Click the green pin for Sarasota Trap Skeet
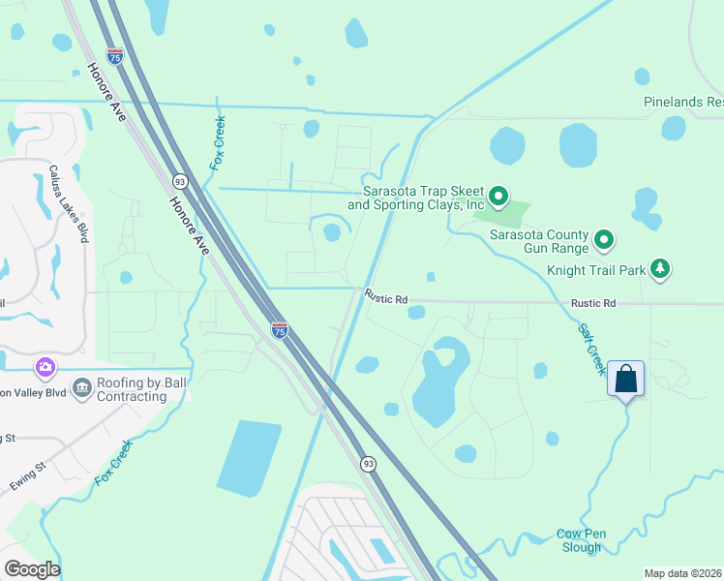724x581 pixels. point(498,198)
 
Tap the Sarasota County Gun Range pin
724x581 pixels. point(605,238)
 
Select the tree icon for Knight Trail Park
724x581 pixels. point(660,268)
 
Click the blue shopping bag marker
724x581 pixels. point(625,379)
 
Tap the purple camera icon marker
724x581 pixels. point(45,367)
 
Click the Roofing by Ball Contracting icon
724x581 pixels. point(81,389)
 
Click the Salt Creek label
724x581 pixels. point(591,349)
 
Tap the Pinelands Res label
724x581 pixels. point(683,102)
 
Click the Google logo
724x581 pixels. point(32,568)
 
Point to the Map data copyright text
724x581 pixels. point(682,573)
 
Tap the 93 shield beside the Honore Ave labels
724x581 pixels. point(180,181)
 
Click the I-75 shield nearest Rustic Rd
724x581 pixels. point(279,330)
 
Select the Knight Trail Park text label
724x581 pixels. point(595,271)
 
